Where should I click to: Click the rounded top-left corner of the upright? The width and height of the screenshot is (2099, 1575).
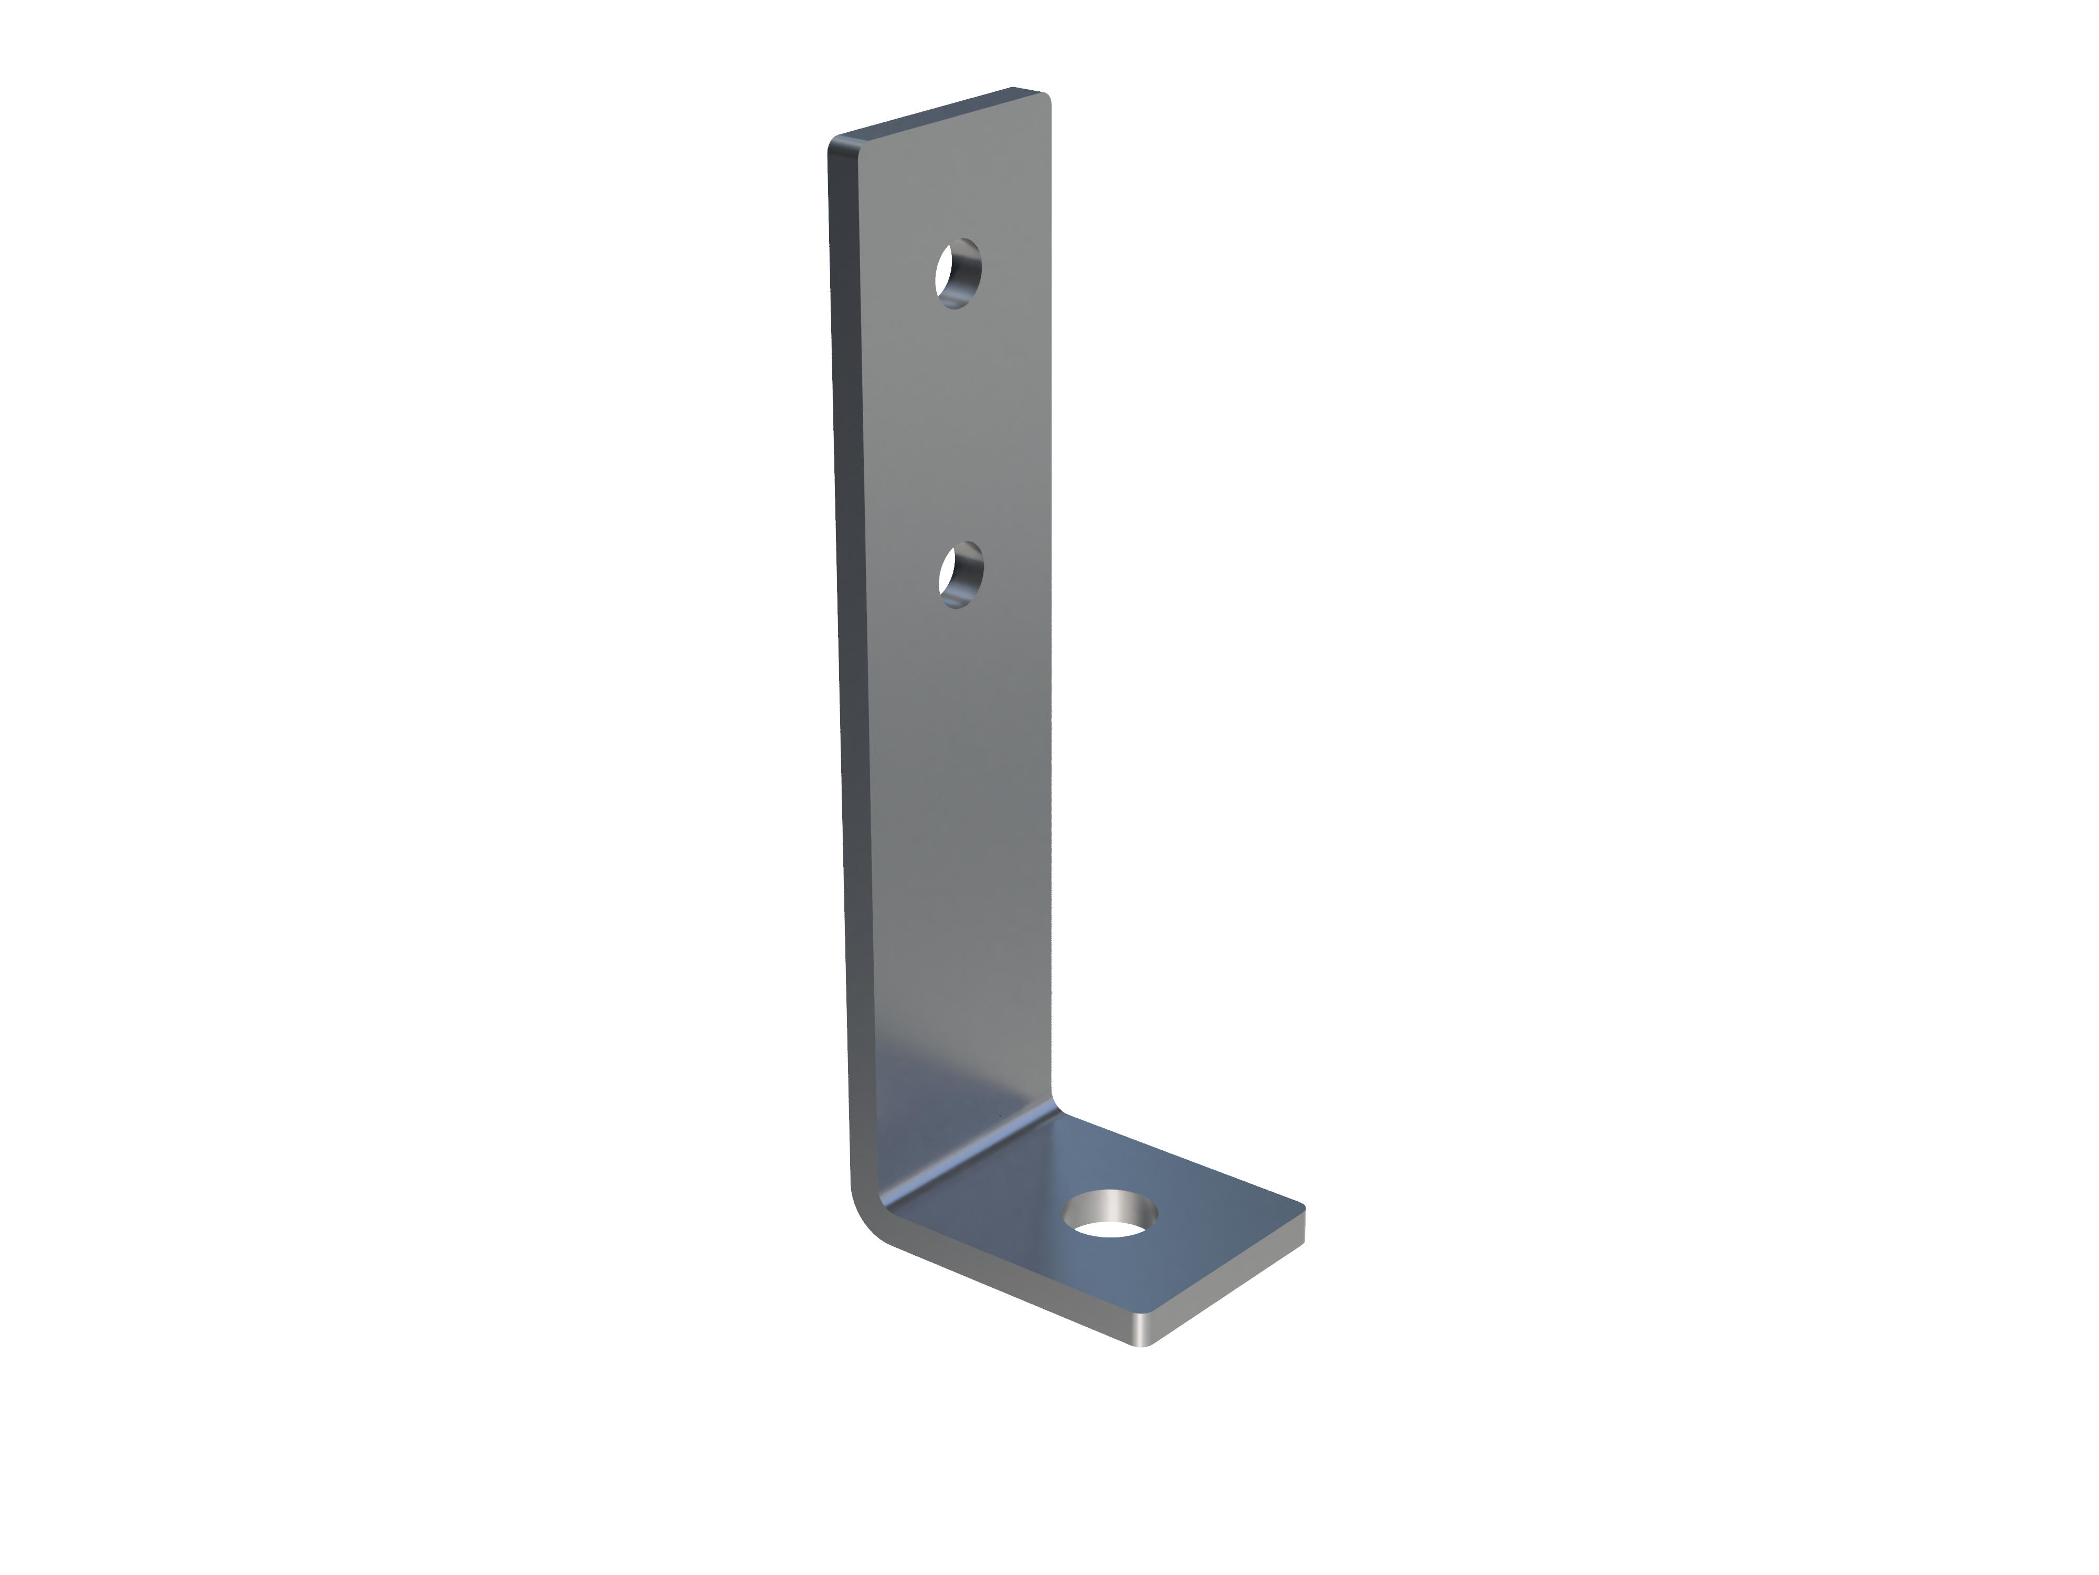(837, 144)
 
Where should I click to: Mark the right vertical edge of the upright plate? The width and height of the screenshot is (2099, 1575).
(1051, 617)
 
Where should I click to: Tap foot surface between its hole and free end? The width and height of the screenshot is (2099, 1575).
(1195, 1253)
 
